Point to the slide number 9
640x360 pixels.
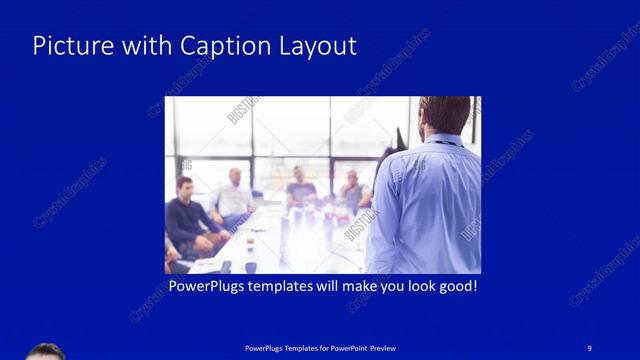pos(590,347)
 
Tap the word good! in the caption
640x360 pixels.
pos(455,286)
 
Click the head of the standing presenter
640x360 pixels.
pos(444,114)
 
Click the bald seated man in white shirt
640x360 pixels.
pos(234,195)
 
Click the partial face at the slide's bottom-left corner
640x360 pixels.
pos(44,352)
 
